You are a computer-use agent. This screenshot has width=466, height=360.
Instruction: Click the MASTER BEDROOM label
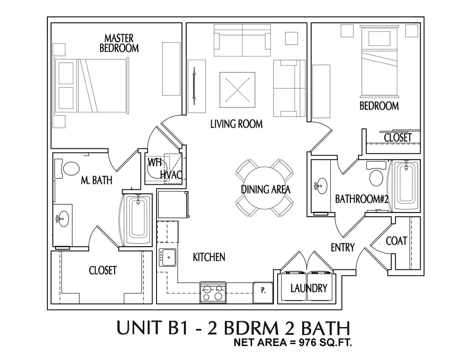[x=119, y=43]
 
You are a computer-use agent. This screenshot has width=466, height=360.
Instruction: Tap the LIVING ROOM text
[x=236, y=123]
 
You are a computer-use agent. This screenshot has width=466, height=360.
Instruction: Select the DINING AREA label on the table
[x=265, y=189]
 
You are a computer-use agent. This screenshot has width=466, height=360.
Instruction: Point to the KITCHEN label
[x=209, y=257]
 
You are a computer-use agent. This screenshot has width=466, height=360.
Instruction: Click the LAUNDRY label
[x=309, y=288]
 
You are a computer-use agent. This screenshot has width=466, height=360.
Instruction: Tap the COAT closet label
[x=396, y=241]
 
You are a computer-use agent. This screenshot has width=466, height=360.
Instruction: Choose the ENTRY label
[x=342, y=248]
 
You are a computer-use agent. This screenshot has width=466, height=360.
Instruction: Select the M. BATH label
[x=96, y=181]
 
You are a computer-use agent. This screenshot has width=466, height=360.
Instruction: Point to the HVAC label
[x=171, y=175]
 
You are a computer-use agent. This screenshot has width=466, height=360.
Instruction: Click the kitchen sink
[x=168, y=258]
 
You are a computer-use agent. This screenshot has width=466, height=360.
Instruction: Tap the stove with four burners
[x=213, y=292]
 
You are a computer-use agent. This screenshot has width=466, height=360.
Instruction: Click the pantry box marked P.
[x=263, y=289]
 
